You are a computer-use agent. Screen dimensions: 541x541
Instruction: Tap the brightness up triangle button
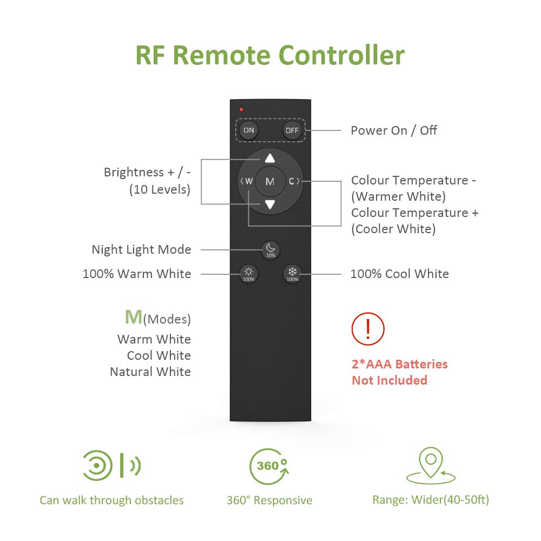tap(270, 159)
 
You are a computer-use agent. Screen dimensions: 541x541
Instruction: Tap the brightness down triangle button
tap(270, 204)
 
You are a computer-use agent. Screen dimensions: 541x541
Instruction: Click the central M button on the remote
tap(270, 182)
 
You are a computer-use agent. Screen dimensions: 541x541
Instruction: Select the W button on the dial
tap(248, 182)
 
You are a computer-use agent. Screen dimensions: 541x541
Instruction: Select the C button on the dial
tap(292, 182)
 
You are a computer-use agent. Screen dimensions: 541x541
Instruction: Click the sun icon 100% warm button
tap(249, 274)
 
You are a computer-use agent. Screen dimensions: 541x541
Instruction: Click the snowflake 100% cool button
tap(292, 274)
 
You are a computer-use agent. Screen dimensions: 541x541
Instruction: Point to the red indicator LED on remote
tap(241, 110)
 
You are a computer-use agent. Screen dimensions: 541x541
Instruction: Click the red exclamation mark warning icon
tap(368, 328)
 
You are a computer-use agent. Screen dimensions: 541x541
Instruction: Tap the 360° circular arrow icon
tap(269, 467)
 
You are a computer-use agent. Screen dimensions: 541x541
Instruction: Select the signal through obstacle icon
tap(111, 465)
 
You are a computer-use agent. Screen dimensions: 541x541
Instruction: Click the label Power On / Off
tap(394, 130)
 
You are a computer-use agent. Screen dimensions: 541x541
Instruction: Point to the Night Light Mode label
tap(141, 249)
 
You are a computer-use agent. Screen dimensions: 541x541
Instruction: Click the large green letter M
tap(134, 318)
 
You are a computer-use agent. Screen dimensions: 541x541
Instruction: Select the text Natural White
tap(150, 372)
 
